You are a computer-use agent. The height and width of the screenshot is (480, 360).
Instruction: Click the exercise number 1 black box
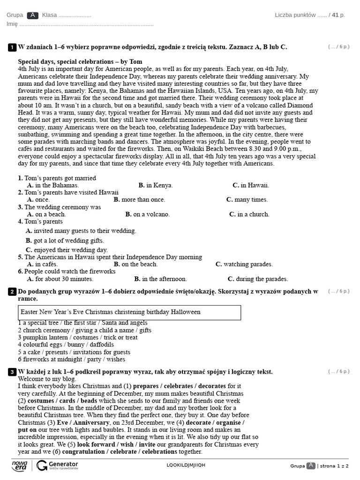pos(12,47)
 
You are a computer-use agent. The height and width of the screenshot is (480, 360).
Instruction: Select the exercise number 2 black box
pos(12,292)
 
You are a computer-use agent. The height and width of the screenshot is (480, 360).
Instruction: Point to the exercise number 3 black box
pos(12,372)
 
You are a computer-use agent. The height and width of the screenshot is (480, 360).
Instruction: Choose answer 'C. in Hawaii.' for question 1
pos(251,185)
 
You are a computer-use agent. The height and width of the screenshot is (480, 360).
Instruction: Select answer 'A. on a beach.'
pos(46,214)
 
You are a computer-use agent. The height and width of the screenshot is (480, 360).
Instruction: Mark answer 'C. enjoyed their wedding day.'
pos(67,250)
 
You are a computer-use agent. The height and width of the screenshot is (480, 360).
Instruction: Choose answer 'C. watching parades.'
pos(244,264)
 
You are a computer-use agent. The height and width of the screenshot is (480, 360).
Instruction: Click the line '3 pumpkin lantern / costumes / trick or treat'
pos(78,337)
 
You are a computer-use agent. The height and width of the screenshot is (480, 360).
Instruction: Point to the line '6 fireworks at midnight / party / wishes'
pos(72,360)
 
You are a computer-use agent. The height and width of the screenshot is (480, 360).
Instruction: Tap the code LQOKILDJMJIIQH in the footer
pos(186,465)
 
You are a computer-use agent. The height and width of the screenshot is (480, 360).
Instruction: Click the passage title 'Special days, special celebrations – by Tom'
pos(80,62)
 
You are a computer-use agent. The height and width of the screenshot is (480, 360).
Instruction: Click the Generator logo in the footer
pos(58,465)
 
